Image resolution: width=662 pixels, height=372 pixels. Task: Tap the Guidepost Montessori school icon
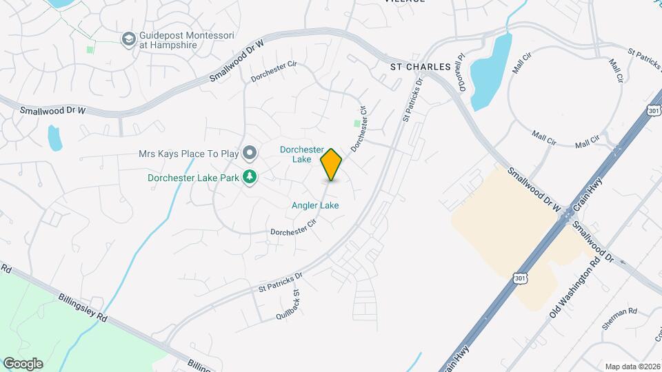[128, 39]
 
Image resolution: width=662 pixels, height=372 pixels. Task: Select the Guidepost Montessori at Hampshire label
[168, 40]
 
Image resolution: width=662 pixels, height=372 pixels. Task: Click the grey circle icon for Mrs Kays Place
[250, 152]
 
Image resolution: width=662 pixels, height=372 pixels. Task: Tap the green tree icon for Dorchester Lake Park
[250, 178]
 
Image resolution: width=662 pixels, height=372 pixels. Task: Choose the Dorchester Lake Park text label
[193, 178]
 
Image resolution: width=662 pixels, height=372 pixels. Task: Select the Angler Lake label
[315, 205]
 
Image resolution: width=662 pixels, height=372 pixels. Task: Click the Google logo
[23, 364]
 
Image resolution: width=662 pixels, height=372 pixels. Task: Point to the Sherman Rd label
[619, 312]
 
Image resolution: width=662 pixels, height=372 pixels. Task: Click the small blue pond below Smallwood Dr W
[54, 138]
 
